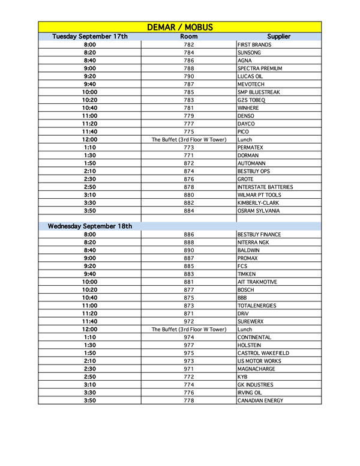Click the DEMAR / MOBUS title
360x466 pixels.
[180, 27]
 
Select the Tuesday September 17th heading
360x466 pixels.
[90, 37]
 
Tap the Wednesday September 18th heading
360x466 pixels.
[90, 226]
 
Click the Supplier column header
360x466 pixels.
[278, 37]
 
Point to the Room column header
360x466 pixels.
[189, 37]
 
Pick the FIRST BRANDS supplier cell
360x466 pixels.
[254, 45]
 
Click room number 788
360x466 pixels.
[189, 68]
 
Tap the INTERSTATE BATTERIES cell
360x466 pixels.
[265, 187]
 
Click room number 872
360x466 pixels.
[189, 163]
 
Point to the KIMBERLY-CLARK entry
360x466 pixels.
[259, 203]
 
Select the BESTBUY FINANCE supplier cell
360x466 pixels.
[259, 235]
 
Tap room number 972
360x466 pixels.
[189, 321]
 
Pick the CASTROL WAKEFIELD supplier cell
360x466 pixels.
[263, 353]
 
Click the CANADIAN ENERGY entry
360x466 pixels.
[260, 401]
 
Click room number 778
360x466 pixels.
[189, 401]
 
